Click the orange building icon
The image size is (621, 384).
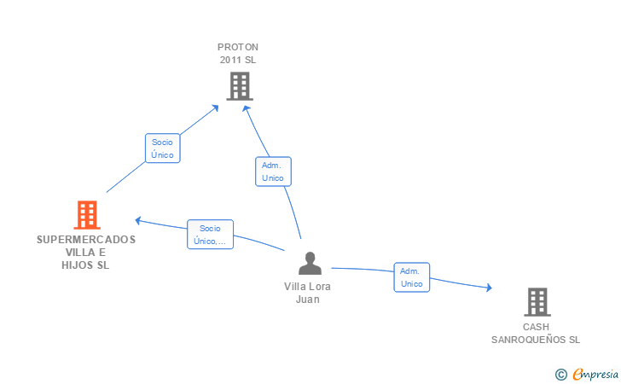pos(87,215)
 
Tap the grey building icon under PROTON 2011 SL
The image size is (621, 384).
pos(240,86)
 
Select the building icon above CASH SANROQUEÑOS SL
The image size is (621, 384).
pos(537,302)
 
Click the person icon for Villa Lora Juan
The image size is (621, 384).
pos(310,263)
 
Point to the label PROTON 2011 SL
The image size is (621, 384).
pos(238,54)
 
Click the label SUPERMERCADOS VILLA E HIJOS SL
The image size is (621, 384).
pos(86,252)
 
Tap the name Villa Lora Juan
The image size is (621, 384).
pos(307,293)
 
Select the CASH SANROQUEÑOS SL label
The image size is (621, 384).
pos(536,334)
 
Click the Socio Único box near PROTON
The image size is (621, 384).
pos(163,148)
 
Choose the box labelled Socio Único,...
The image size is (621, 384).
pos(211,234)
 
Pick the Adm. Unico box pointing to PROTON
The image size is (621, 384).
pos(273,172)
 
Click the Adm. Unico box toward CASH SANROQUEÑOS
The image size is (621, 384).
pos(412,277)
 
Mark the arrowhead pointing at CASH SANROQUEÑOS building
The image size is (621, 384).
pos(490,288)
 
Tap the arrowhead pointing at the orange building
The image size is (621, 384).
pos(138,220)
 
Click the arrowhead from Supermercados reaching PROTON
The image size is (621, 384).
pos(215,108)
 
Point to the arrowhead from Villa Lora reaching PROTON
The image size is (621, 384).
pos(246,108)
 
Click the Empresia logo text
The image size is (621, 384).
pos(595,374)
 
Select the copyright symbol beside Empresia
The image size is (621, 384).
pos(561,375)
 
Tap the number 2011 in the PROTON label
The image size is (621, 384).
pos(230,60)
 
